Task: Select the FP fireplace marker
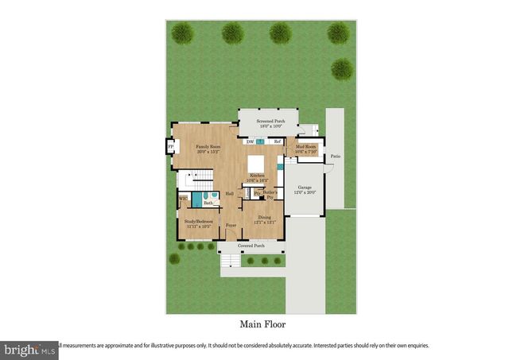169,147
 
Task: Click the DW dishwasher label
250,141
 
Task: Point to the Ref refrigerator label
278,141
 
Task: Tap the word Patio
336,157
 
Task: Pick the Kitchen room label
258,177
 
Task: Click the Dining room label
264,219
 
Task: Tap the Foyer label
231,226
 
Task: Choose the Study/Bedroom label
199,223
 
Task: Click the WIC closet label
182,199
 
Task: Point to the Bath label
207,203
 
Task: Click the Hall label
229,193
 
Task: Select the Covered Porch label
251,246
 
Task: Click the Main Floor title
262,324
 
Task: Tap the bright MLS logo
29,348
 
